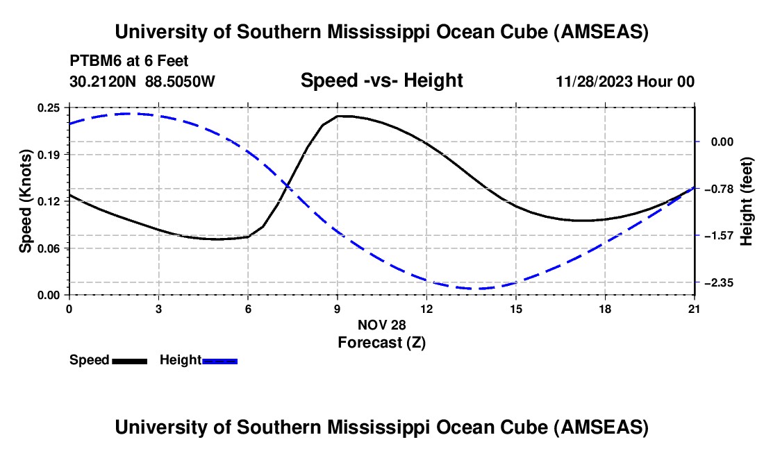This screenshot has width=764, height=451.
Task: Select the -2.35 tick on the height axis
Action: pos(715,282)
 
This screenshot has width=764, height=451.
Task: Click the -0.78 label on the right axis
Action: pos(715,189)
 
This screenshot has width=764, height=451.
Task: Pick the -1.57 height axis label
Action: pos(715,236)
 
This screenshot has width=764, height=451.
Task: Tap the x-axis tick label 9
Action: pos(338,309)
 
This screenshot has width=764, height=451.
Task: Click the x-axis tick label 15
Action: pos(516,309)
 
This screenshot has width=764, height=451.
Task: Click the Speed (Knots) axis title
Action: pos(25,201)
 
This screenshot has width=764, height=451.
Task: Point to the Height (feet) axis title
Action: pos(747,201)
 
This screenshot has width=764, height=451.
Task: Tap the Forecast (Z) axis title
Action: pos(381,342)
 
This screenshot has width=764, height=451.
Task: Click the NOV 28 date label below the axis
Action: pos(381,325)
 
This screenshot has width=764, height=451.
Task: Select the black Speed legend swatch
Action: pos(129,361)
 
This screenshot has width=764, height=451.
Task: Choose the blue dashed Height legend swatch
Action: pos(219,361)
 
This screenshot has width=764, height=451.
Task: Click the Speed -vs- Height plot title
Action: pos(381,80)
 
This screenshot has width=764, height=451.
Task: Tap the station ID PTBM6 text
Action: pos(94,61)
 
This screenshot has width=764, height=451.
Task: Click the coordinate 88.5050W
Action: pos(181,81)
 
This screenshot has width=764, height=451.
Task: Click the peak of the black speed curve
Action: pos(340,116)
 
